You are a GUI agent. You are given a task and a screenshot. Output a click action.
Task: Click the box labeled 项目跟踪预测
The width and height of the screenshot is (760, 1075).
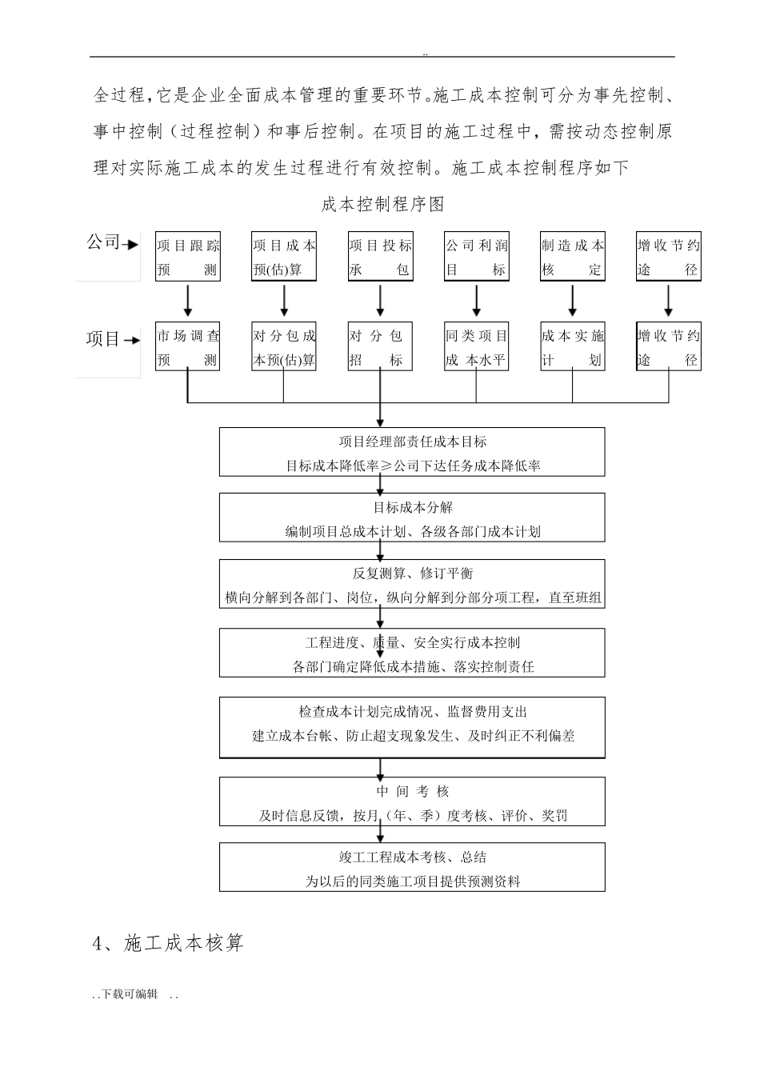tap(188, 257)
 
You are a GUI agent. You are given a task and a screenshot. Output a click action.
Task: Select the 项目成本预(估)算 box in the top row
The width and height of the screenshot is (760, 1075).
tap(284, 257)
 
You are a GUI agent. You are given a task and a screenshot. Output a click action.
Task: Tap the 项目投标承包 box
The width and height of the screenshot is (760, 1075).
tap(380, 257)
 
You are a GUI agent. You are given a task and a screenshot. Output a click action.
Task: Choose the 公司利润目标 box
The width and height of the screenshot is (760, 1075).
tap(477, 257)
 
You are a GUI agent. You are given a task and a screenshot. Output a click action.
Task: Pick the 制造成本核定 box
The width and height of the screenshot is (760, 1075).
tap(573, 257)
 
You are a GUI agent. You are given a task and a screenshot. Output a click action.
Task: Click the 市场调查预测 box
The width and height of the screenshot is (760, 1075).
tap(188, 347)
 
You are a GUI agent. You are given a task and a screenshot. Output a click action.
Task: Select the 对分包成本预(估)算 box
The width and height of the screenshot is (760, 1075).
tap(284, 347)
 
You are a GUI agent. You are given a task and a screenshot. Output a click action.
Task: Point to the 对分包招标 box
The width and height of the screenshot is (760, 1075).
tap(380, 347)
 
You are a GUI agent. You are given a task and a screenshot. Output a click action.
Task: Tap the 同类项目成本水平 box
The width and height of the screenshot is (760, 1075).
tap(477, 347)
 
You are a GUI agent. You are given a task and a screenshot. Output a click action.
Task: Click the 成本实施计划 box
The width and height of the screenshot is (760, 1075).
tap(573, 347)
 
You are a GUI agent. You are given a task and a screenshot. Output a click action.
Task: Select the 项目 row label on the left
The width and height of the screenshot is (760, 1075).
tap(102, 339)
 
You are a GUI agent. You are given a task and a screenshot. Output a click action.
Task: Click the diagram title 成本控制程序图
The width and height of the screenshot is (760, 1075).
tap(382, 205)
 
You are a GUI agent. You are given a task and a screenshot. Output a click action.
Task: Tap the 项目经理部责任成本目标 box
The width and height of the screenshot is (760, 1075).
tap(412, 452)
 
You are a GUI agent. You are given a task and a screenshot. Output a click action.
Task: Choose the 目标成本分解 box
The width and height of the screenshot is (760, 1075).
tap(412, 518)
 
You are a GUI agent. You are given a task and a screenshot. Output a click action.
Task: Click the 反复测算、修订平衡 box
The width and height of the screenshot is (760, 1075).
tap(412, 585)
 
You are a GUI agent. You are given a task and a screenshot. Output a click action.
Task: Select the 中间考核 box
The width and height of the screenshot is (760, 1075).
tap(412, 802)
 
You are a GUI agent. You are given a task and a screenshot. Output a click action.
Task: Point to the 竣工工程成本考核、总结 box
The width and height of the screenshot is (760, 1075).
tap(412, 868)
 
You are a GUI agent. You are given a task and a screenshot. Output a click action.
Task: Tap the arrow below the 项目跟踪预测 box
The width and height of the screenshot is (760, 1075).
tap(188, 299)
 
